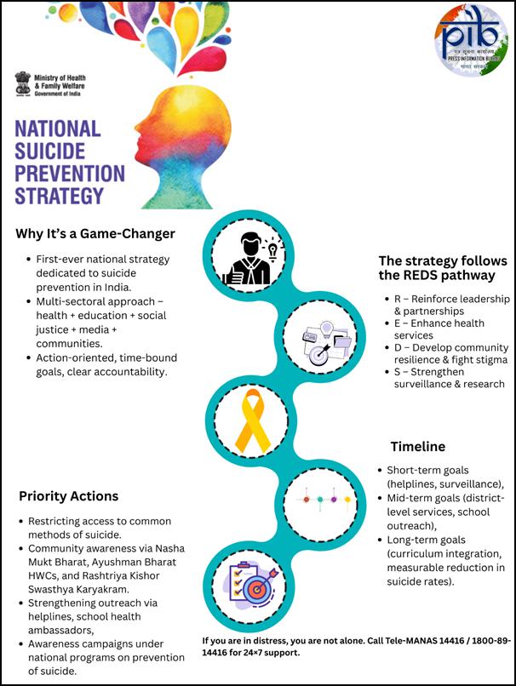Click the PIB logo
point(472,40)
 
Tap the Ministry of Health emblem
point(23,83)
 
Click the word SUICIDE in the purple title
point(50,151)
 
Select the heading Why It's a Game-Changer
point(95,233)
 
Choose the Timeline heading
point(418,446)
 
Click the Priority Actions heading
point(69,496)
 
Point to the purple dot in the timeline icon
point(334,500)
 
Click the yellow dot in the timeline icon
point(347,500)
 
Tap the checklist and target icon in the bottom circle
point(253,584)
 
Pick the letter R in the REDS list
point(398,299)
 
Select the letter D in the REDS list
point(398,348)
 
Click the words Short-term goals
point(427,471)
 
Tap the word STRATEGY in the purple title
point(59,196)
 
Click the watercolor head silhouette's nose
point(137,128)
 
